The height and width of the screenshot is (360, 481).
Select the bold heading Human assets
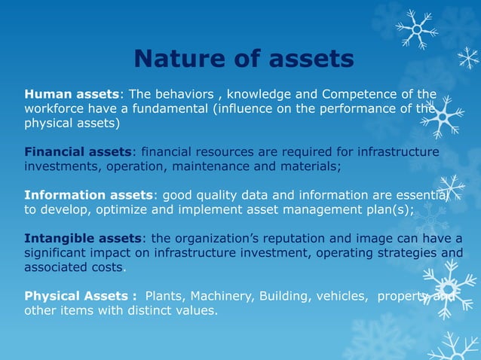pos(72,94)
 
